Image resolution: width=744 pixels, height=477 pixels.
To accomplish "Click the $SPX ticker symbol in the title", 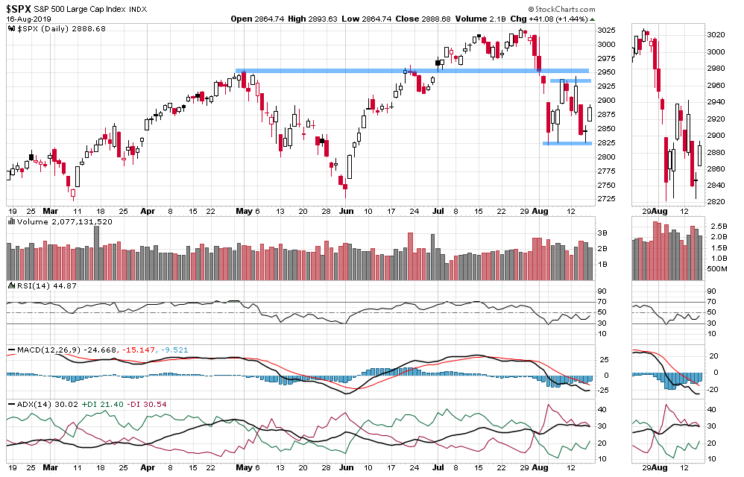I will [x=19, y=8].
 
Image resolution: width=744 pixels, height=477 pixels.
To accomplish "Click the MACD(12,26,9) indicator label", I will [x=37, y=350].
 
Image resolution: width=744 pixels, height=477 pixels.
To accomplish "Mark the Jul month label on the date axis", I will [x=440, y=211].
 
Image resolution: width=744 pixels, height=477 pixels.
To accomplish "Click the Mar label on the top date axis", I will [x=49, y=211].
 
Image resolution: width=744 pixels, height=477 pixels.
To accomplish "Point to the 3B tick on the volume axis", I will [x=602, y=233].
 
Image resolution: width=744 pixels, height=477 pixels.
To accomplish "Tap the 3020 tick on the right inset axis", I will [x=716, y=35].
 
